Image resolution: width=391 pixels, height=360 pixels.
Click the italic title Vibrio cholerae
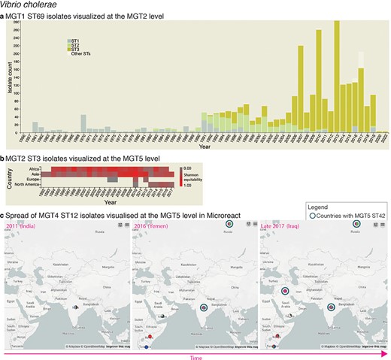coord(26,5)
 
